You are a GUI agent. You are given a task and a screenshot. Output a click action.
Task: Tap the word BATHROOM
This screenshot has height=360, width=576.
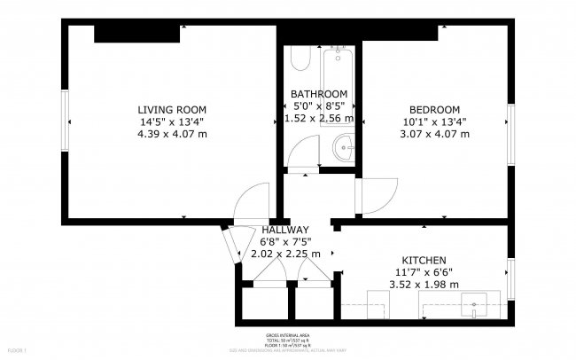pos(319,94)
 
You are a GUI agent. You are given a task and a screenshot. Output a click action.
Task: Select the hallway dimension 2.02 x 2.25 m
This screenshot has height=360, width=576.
pos(285,254)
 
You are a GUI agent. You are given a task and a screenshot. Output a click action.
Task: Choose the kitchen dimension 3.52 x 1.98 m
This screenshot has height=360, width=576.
pos(425,285)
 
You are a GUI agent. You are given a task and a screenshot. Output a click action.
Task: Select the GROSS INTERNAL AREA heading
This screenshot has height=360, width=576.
pos(287,337)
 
